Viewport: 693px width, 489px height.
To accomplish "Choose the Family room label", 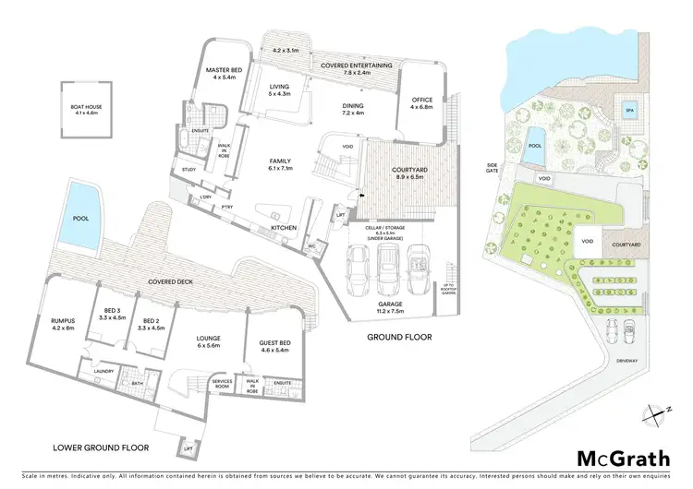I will (x=279, y=164).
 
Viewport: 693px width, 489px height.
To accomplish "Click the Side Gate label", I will (x=492, y=171).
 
